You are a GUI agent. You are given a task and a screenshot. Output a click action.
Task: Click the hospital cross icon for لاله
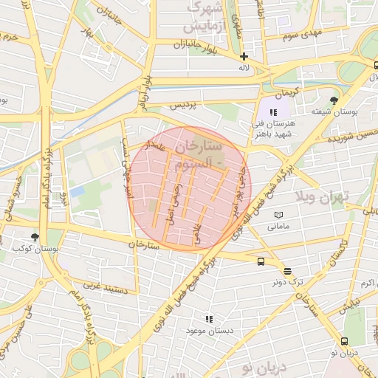point(244,56)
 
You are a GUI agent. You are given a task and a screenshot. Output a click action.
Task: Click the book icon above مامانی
point(278,215)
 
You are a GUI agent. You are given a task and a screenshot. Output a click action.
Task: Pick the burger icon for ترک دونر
point(286,271)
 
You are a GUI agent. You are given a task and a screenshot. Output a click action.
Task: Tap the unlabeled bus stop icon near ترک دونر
point(261,261)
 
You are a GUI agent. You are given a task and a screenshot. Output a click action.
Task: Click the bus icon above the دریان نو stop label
point(345,341)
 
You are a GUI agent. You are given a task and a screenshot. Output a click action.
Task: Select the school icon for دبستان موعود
point(209,319)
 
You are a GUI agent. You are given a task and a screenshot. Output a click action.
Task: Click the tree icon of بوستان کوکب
point(35,237)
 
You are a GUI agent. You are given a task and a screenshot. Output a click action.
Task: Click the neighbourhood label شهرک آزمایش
point(203,17)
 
